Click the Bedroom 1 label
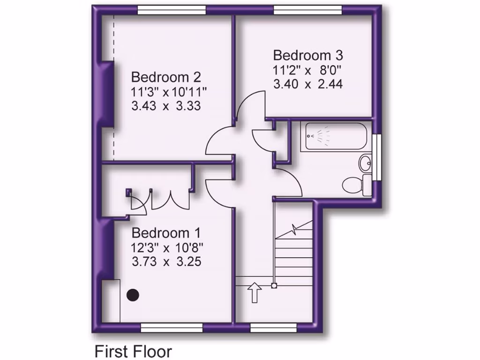click(166, 232)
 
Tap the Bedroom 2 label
click(166, 76)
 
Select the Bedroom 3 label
click(308, 55)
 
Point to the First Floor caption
click(134, 351)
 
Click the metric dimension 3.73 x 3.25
click(166, 261)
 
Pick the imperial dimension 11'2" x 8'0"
click(308, 70)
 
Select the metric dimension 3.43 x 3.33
click(166, 106)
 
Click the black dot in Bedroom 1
click(134, 295)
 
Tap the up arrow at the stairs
click(255, 292)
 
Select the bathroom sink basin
click(366, 164)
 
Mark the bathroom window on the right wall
click(378, 157)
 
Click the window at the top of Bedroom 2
click(172, 10)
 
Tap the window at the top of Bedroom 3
click(308, 10)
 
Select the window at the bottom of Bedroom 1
click(172, 327)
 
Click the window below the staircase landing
click(274, 327)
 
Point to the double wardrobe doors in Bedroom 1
click(170, 200)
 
